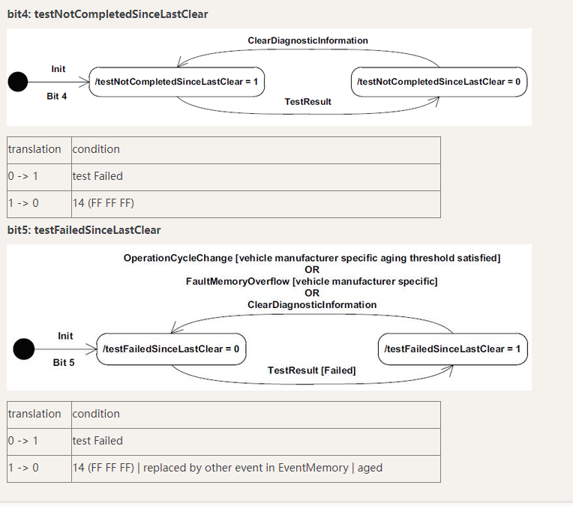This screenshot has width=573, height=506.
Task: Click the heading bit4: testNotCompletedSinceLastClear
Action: [108, 14]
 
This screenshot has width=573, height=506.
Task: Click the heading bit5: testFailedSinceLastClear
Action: [84, 230]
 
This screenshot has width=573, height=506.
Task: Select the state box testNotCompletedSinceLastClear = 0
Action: [439, 82]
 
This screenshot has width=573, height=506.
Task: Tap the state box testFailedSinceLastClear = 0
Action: [172, 349]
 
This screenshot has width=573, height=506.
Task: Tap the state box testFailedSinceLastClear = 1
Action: [452, 349]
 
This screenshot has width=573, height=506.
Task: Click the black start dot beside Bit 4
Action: [17, 82]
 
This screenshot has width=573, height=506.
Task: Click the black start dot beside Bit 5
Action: [24, 349]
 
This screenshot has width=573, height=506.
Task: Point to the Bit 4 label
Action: [57, 97]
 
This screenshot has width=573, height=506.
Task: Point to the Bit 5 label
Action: [64, 363]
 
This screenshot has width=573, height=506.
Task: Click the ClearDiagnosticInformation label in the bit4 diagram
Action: [307, 40]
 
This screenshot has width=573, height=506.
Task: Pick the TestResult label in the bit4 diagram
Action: [307, 102]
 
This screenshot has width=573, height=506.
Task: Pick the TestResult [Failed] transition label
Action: [312, 370]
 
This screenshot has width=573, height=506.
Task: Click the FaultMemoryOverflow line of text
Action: [312, 282]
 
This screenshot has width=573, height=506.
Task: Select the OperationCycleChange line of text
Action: [312, 259]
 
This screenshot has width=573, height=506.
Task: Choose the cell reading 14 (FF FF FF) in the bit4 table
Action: [103, 203]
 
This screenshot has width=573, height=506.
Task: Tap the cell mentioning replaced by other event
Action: [227, 468]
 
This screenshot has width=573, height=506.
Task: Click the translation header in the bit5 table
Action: [34, 414]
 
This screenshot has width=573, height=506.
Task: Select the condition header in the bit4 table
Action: [96, 149]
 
